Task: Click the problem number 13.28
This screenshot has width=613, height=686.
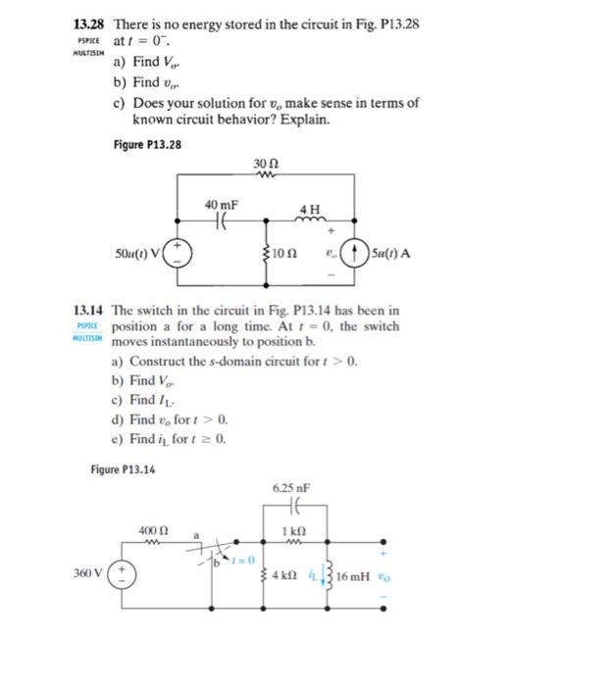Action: (90, 23)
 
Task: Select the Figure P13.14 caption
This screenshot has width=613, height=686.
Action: (123, 468)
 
